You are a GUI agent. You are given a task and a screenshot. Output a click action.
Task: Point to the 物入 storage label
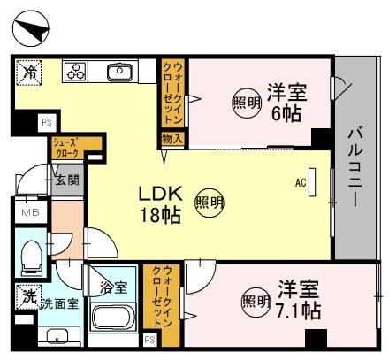point(172,139)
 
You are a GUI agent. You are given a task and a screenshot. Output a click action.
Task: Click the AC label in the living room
point(300,183)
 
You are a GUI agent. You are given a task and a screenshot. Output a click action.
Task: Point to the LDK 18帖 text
point(160,203)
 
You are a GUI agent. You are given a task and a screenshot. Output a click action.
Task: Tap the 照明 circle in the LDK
point(208,201)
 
